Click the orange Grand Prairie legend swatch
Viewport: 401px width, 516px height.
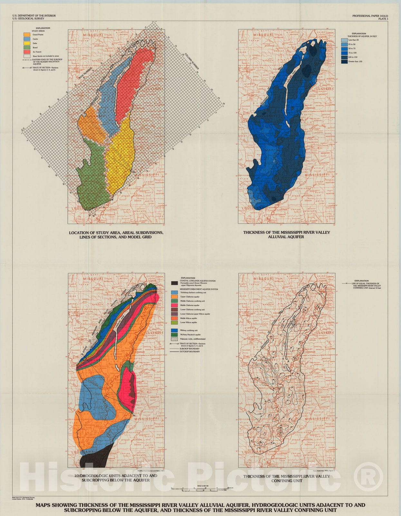click(27, 34)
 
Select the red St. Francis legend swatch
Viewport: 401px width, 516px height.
click(27, 52)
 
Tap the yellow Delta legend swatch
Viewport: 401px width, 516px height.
click(27, 43)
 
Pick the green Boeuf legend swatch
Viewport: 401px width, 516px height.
click(27, 47)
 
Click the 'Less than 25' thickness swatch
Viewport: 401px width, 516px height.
click(344, 40)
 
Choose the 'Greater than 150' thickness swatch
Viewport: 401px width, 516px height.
click(344, 61)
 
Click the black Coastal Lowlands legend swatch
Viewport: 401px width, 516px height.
click(174, 283)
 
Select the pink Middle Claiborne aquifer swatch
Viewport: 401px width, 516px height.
click(174, 305)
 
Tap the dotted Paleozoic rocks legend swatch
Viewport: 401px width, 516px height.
click(174, 339)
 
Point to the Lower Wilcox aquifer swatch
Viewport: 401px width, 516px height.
click(174, 322)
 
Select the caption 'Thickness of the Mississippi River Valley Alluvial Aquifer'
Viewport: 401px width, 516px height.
click(286, 234)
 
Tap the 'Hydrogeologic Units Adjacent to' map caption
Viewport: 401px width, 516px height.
click(116, 478)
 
